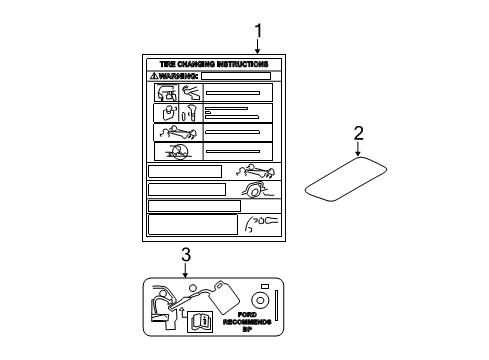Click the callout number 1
click(258, 31)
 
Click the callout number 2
click(358, 133)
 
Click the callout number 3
click(186, 255)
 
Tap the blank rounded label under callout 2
click(346, 179)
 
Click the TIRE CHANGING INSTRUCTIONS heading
click(214, 64)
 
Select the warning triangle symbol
click(154, 76)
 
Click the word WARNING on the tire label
click(178, 76)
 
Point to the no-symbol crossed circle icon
click(180, 152)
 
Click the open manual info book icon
click(200, 322)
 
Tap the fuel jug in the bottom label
click(226, 298)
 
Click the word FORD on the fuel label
click(247, 314)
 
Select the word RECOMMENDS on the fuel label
click(247, 322)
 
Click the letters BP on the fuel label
click(247, 329)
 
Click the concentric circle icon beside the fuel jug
click(260, 300)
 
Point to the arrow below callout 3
click(185, 270)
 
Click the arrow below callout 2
click(358, 149)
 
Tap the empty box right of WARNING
click(236, 76)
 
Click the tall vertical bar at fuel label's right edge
click(276, 305)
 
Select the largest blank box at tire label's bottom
click(193, 225)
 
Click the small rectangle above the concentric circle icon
click(265, 286)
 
